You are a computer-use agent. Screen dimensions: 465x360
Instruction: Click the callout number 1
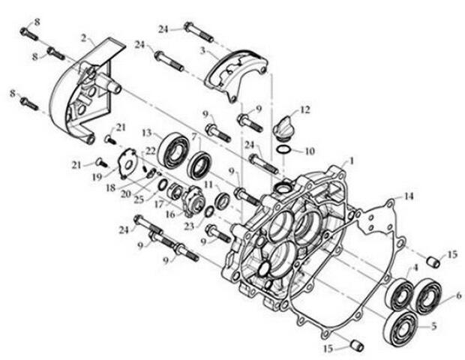click(352, 161)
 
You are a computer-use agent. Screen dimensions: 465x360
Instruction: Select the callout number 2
click(84, 38)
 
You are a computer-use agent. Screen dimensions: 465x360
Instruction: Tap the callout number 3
click(202, 51)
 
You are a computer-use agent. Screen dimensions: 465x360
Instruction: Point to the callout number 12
click(304, 109)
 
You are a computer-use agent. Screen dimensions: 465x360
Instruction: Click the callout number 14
click(409, 196)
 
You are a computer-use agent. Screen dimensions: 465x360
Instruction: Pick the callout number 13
click(147, 133)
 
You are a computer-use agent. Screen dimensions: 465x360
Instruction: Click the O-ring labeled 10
click(283, 150)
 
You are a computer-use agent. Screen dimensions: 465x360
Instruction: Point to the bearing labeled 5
click(403, 328)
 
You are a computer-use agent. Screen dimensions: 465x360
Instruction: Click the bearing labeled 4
click(400, 295)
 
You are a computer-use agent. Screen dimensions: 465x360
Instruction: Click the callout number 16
click(170, 214)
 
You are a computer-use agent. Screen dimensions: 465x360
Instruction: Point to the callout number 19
click(97, 177)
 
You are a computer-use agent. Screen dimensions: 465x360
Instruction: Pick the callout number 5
click(433, 326)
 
